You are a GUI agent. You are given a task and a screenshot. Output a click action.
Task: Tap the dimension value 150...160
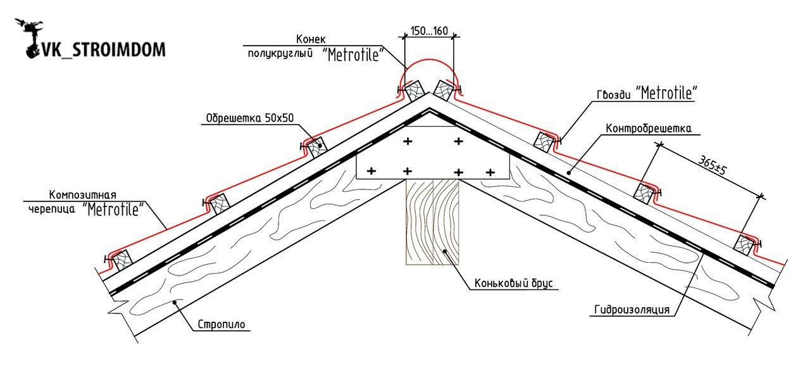tap(429, 31)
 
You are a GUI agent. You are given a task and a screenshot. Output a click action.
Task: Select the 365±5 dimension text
tap(712, 165)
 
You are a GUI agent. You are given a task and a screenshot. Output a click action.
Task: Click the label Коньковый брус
tap(513, 282)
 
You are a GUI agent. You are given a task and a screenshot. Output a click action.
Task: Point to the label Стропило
tap(221, 324)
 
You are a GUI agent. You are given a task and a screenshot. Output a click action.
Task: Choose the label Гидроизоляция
tap(632, 310)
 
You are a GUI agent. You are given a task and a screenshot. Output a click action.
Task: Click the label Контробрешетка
tap(649, 128)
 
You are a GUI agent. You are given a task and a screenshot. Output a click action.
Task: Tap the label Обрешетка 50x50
tap(250, 118)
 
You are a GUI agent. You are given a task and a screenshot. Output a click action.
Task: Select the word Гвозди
tap(614, 95)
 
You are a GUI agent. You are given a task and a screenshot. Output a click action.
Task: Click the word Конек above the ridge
tap(311, 39)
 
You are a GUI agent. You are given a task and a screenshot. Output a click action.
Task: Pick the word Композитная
tap(83, 194)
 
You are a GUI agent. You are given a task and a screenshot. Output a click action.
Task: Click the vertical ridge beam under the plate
tap(432, 222)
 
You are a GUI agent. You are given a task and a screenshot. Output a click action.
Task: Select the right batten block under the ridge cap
tap(444, 91)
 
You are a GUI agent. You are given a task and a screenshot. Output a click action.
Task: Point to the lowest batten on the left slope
tap(121, 260)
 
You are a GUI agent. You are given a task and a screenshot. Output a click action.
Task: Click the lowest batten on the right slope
tap(744, 245)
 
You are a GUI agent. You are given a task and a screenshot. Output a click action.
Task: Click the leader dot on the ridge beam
tap(444, 251)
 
